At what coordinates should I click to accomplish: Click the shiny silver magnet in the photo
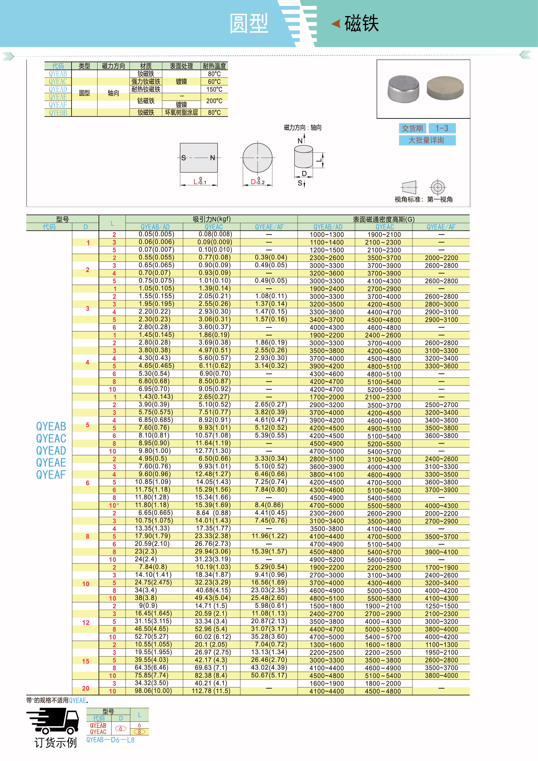(x=403, y=89)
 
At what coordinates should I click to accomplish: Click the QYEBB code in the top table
(x=58, y=113)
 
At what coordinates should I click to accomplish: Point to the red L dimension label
(x=195, y=182)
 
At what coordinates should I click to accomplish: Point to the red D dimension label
(x=253, y=182)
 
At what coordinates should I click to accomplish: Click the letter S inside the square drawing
(x=183, y=158)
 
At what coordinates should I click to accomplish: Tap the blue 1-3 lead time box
(x=442, y=128)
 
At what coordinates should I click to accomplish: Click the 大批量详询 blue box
(x=427, y=140)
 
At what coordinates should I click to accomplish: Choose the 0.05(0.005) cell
(x=156, y=234)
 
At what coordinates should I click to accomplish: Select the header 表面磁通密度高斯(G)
(x=383, y=219)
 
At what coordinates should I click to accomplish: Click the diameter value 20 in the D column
(x=85, y=688)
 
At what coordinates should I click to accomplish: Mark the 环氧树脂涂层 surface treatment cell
(x=181, y=113)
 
